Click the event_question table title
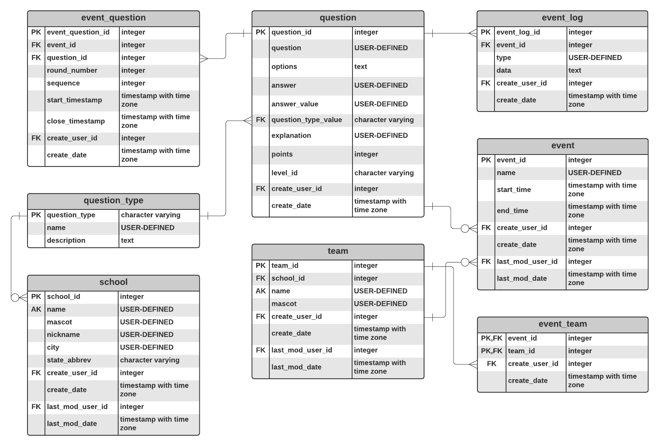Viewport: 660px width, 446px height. point(113,18)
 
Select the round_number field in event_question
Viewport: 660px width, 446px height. point(72,70)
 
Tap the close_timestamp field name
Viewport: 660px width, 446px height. point(76,121)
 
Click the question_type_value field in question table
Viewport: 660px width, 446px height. point(306,120)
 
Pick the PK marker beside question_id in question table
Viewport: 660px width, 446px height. point(261,32)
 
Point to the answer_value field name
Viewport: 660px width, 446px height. point(294,104)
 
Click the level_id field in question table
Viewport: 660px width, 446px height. point(284,173)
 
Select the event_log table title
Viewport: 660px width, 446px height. point(562,18)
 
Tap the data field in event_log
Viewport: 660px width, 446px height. point(503,70)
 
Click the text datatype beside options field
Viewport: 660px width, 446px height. point(360,67)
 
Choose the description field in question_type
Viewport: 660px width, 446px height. point(66,241)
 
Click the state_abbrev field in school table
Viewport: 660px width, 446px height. point(69,360)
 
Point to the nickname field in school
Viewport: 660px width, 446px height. point(63,334)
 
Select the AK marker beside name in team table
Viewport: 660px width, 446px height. point(261,291)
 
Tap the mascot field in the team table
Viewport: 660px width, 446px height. point(284,304)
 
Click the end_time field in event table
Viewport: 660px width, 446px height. point(512,211)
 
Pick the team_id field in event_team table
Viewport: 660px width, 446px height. point(521,351)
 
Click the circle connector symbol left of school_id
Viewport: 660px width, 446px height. point(15,297)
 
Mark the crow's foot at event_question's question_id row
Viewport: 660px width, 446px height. point(203,59)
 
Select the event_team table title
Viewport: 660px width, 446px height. point(562,324)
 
